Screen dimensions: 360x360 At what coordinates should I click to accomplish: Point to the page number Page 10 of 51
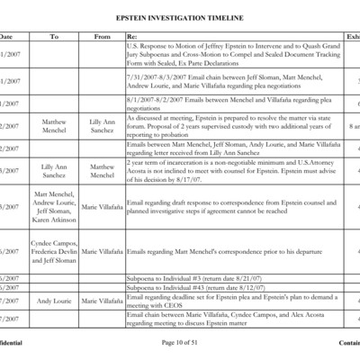pos(180,344)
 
